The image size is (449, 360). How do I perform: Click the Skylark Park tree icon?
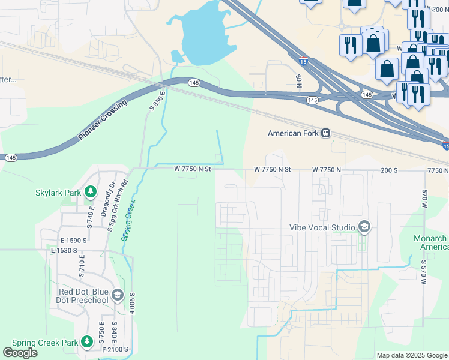(90, 192)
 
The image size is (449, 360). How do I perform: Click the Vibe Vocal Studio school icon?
(364, 227)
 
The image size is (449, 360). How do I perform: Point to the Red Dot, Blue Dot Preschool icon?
(117, 296)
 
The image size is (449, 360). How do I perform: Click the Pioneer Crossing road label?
(103, 121)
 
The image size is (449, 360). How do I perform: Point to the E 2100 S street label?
(116, 349)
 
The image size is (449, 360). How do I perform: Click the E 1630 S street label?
(65, 250)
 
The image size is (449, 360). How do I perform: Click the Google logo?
(20, 353)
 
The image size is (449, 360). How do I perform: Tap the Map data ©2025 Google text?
(412, 355)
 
